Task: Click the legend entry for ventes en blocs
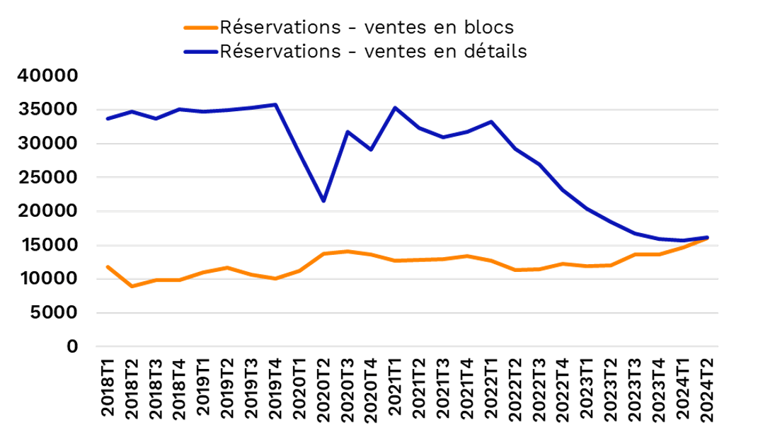(x=367, y=28)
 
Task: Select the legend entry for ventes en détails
(x=373, y=51)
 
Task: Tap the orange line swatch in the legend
(x=201, y=28)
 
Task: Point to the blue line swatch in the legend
(x=201, y=52)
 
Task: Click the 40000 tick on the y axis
(x=47, y=76)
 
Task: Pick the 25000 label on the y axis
(x=47, y=177)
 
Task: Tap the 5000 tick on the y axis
(x=53, y=312)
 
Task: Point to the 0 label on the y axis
(x=72, y=346)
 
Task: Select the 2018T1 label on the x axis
(x=108, y=387)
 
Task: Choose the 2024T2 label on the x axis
(x=707, y=389)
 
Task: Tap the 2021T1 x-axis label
(x=395, y=387)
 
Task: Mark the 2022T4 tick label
(x=563, y=389)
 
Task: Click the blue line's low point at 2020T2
(x=323, y=200)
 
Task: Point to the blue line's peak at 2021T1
(x=395, y=108)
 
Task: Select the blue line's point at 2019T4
(x=275, y=105)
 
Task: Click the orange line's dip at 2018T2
(x=132, y=286)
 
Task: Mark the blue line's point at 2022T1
(x=491, y=122)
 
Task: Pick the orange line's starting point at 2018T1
(x=108, y=267)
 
